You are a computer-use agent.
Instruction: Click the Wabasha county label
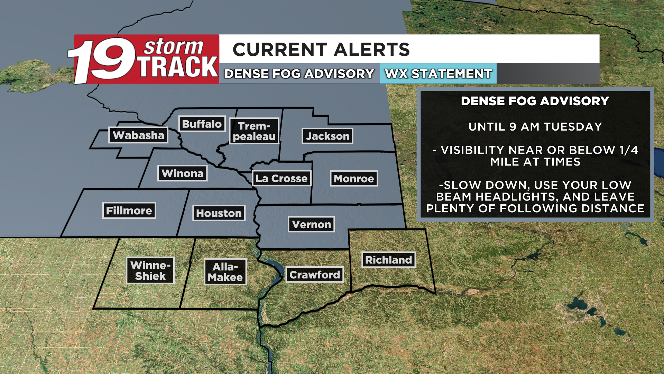pyautogui.click(x=138, y=135)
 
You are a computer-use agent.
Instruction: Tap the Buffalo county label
pyautogui.click(x=202, y=124)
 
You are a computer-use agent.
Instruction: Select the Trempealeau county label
pyautogui.click(x=254, y=131)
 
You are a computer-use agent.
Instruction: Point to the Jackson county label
pyautogui.click(x=328, y=136)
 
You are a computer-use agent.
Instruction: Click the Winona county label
pyautogui.click(x=183, y=173)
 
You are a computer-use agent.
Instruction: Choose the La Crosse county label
pyautogui.click(x=282, y=178)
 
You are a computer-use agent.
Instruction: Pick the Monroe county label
pyautogui.click(x=354, y=178)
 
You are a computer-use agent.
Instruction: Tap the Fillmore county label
pyautogui.click(x=129, y=211)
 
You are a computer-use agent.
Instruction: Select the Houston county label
pyautogui.click(x=219, y=213)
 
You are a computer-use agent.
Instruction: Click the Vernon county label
pyautogui.click(x=312, y=224)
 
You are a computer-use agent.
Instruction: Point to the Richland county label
pyautogui.click(x=389, y=260)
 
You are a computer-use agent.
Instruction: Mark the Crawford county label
pyautogui.click(x=315, y=275)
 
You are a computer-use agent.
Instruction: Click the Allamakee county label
pyautogui.click(x=225, y=272)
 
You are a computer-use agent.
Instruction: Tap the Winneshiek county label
pyautogui.click(x=150, y=270)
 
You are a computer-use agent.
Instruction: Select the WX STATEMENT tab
pyautogui.click(x=438, y=74)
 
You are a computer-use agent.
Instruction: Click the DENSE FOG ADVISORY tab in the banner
pyautogui.click(x=299, y=74)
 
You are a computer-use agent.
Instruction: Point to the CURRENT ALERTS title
pyautogui.click(x=321, y=50)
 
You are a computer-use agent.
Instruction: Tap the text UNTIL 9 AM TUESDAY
pyautogui.click(x=535, y=127)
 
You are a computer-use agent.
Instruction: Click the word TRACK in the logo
pyautogui.click(x=178, y=67)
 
